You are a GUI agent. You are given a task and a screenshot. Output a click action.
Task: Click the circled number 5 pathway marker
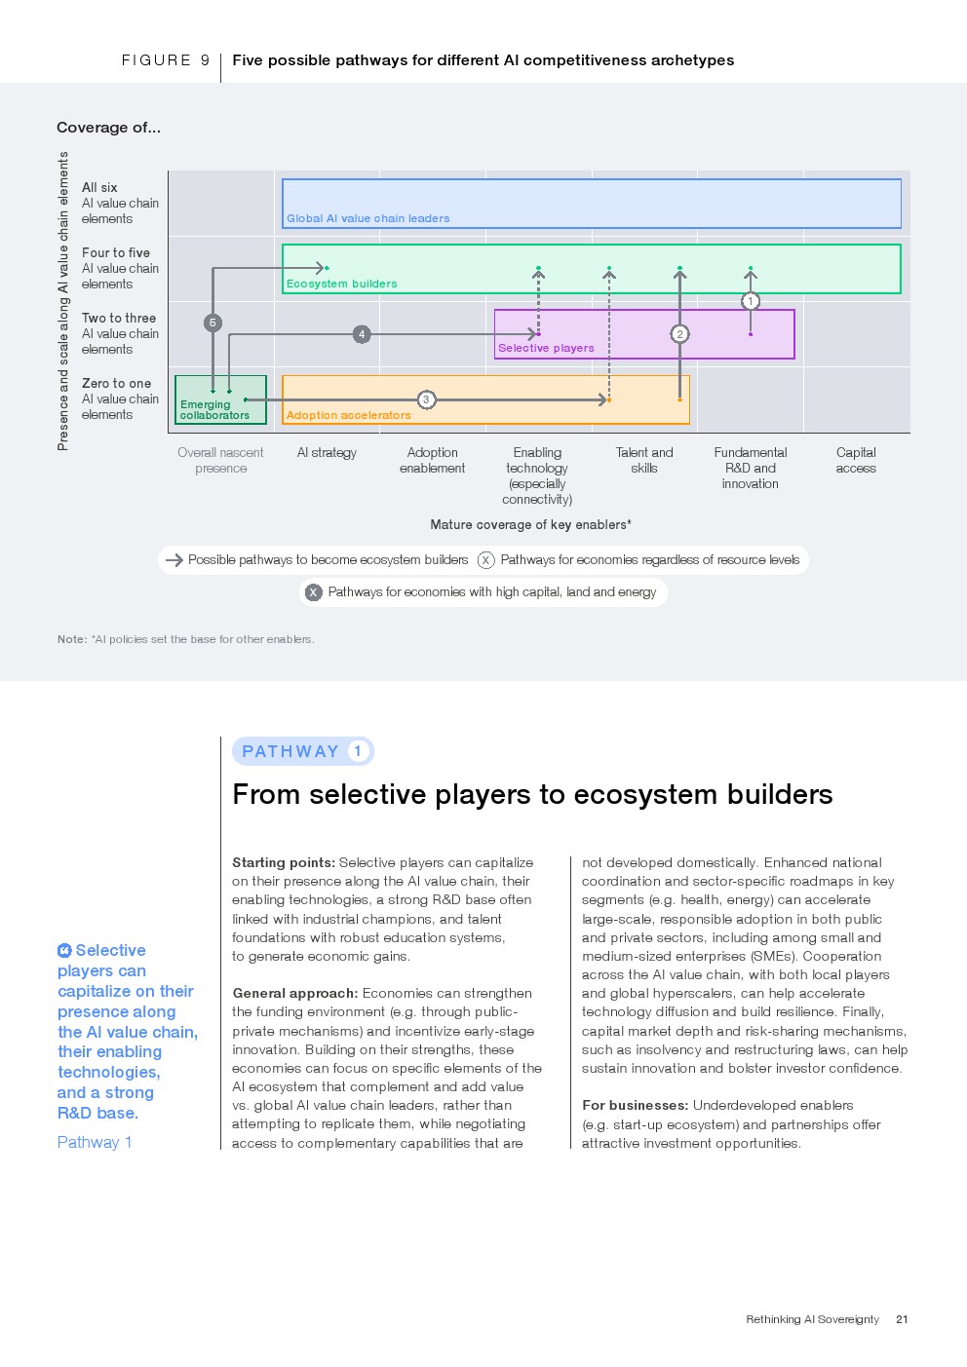click(x=213, y=323)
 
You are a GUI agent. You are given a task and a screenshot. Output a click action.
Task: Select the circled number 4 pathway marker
click(x=362, y=334)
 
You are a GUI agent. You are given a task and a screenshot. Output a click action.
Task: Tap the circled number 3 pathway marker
click(x=426, y=399)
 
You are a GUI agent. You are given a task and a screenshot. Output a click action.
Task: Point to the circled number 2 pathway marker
click(x=680, y=334)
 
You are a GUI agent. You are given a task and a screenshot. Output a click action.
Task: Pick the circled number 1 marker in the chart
click(x=751, y=301)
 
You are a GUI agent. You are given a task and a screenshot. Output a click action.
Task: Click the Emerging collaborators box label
click(x=214, y=410)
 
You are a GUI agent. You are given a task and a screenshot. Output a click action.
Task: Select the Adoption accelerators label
click(x=348, y=415)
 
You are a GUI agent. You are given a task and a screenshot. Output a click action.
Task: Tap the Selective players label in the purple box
click(x=546, y=348)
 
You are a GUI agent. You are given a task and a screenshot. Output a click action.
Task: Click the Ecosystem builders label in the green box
click(x=341, y=284)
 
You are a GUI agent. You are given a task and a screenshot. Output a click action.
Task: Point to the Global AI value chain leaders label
click(x=367, y=218)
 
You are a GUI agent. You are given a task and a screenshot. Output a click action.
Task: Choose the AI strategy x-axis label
click(x=327, y=453)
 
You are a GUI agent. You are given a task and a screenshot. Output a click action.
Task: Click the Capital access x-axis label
click(x=856, y=460)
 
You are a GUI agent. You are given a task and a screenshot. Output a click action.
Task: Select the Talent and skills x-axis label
click(x=644, y=460)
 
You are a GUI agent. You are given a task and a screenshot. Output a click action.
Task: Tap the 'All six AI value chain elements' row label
click(x=120, y=203)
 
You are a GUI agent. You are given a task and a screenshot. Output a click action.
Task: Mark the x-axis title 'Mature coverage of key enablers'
click(x=530, y=524)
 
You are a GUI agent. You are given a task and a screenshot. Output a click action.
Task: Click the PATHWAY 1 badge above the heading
click(x=302, y=751)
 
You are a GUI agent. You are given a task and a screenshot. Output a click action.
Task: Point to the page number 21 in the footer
click(x=902, y=1319)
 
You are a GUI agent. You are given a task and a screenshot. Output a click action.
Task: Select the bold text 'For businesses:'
click(x=635, y=1105)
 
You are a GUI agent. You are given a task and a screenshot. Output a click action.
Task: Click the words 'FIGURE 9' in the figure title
click(x=166, y=60)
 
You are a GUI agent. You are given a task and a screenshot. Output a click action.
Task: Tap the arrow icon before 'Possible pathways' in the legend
click(x=174, y=560)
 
